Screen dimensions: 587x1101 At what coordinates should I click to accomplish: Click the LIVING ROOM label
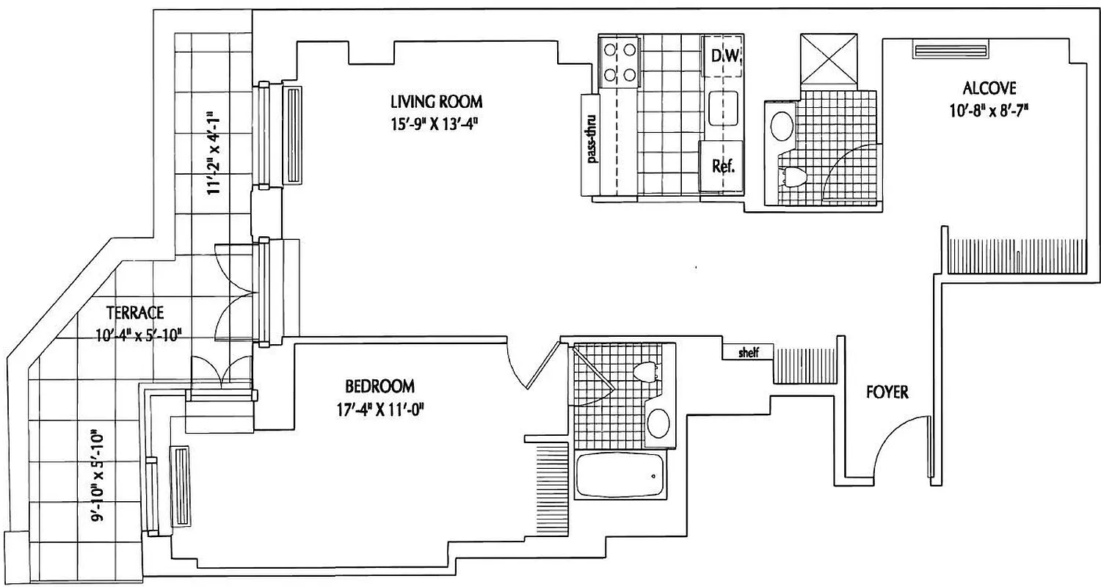pyautogui.click(x=436, y=101)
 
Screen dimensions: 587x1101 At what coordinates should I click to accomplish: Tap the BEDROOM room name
pyautogui.click(x=379, y=386)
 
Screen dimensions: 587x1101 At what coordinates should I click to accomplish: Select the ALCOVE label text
pyautogui.click(x=989, y=89)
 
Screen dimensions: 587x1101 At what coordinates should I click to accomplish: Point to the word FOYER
pyautogui.click(x=887, y=393)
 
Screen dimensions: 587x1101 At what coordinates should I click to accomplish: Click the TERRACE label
pyautogui.click(x=134, y=312)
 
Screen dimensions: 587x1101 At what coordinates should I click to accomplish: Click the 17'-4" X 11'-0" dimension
pyautogui.click(x=379, y=409)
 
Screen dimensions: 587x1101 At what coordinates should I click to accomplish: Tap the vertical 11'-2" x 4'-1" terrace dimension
pyautogui.click(x=213, y=153)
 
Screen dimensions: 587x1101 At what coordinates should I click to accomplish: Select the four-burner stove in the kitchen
pyautogui.click(x=618, y=62)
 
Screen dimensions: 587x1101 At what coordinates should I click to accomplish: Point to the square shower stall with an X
pyautogui.click(x=829, y=60)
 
